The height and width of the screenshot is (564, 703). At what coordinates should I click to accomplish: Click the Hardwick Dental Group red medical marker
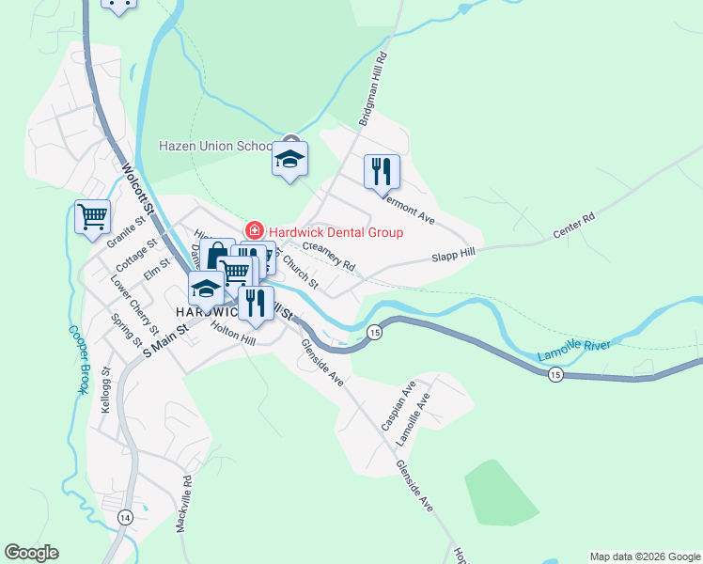click(253, 231)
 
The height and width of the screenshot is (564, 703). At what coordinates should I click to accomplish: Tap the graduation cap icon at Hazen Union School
click(290, 158)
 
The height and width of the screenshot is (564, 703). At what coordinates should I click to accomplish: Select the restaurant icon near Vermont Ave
click(381, 172)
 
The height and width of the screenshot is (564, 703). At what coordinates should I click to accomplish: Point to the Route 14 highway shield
click(125, 516)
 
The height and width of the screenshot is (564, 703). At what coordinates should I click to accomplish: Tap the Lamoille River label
click(573, 351)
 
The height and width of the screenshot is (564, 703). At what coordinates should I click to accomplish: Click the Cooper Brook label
click(75, 359)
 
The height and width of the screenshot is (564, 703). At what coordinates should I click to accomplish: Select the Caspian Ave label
click(397, 405)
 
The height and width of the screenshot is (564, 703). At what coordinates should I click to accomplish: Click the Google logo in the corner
click(31, 553)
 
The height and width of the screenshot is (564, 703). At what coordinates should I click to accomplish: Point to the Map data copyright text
click(645, 556)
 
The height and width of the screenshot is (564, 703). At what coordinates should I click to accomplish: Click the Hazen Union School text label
click(215, 147)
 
